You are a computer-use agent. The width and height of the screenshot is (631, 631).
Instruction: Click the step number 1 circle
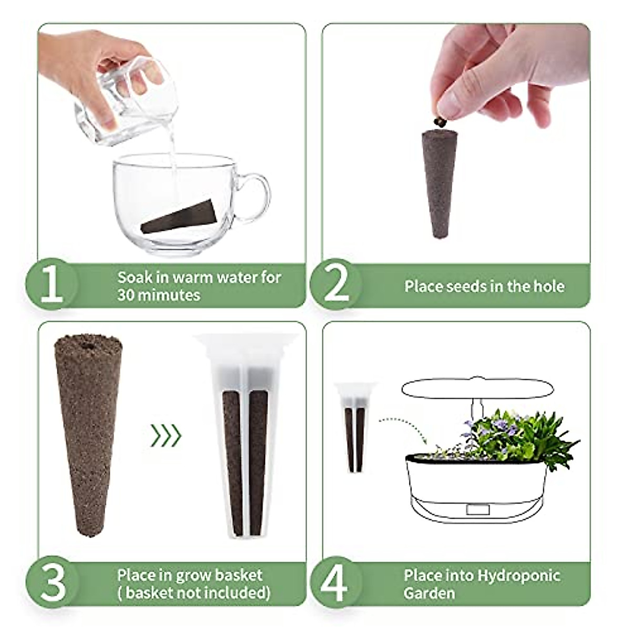pos(51,284)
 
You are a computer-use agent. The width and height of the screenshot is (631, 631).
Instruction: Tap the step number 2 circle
pos(336,284)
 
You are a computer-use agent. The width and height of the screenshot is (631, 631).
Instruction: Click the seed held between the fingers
pos(440,122)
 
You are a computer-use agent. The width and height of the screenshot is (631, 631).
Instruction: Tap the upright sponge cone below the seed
pos(440,184)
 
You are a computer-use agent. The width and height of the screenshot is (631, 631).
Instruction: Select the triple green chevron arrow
pos(166,435)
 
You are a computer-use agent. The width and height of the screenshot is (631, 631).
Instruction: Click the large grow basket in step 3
pos(245,436)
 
